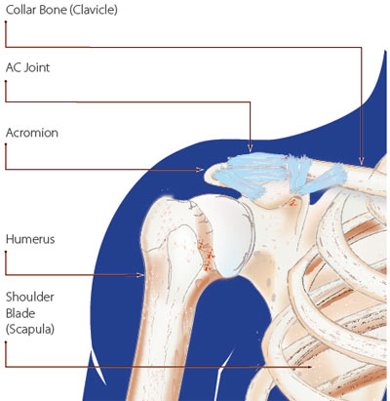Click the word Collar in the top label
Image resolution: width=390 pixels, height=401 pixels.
tap(21, 10)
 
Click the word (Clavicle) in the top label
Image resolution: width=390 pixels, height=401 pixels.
tap(94, 10)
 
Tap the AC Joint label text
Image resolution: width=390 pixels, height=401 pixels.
tap(28, 67)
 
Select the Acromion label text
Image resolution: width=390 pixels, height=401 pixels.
tap(32, 133)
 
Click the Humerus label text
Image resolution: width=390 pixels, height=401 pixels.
tap(30, 239)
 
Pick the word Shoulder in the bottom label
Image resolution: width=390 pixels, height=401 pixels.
tap(30, 297)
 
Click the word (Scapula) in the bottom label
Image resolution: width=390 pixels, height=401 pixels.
tap(30, 330)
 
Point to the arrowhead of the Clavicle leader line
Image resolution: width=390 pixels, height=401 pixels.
tap(361, 161)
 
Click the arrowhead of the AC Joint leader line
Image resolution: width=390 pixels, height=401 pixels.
tap(250, 148)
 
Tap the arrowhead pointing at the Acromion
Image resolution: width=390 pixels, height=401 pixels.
tap(200, 170)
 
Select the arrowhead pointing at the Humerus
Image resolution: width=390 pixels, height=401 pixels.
tap(140, 275)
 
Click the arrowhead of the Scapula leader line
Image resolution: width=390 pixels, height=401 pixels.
tap(308, 367)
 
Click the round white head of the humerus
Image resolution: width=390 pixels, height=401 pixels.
tap(231, 236)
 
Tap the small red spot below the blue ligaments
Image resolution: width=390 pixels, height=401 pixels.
tap(292, 203)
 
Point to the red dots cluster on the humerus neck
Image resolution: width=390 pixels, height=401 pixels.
tap(207, 255)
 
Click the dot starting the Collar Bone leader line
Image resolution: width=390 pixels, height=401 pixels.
tap(6, 21)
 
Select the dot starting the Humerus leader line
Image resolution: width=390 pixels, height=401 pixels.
tap(6, 251)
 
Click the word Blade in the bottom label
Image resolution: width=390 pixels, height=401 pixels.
tap(20, 313)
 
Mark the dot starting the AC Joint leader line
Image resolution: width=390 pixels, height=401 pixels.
tap(6, 80)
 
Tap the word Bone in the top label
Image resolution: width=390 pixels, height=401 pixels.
tap(53, 10)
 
